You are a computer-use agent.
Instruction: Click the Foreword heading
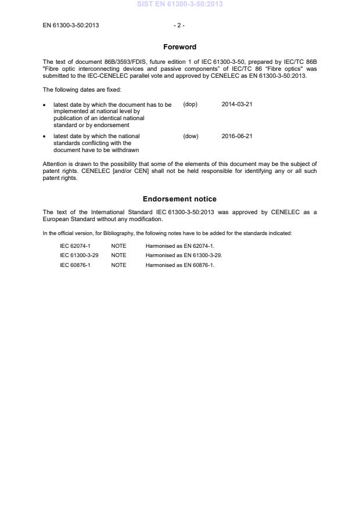[179, 47]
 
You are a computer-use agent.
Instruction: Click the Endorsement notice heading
[179, 199]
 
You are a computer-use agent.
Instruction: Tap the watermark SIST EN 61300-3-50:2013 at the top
[179, 4]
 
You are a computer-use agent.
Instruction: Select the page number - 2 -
[179, 25]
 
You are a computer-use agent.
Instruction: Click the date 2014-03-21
[237, 104]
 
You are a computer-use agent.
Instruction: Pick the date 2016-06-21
[237, 136]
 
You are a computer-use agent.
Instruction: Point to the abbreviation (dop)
[190, 104]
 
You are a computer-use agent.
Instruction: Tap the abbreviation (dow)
[190, 136]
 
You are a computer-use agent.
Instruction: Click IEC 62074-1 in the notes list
[75, 246]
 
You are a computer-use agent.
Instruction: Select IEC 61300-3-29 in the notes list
[79, 255]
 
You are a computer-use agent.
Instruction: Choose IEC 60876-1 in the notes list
[75, 265]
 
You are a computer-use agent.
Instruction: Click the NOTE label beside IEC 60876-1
[118, 265]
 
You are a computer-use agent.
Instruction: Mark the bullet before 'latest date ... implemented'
[45, 104]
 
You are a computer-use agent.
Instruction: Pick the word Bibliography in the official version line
[119, 233]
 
